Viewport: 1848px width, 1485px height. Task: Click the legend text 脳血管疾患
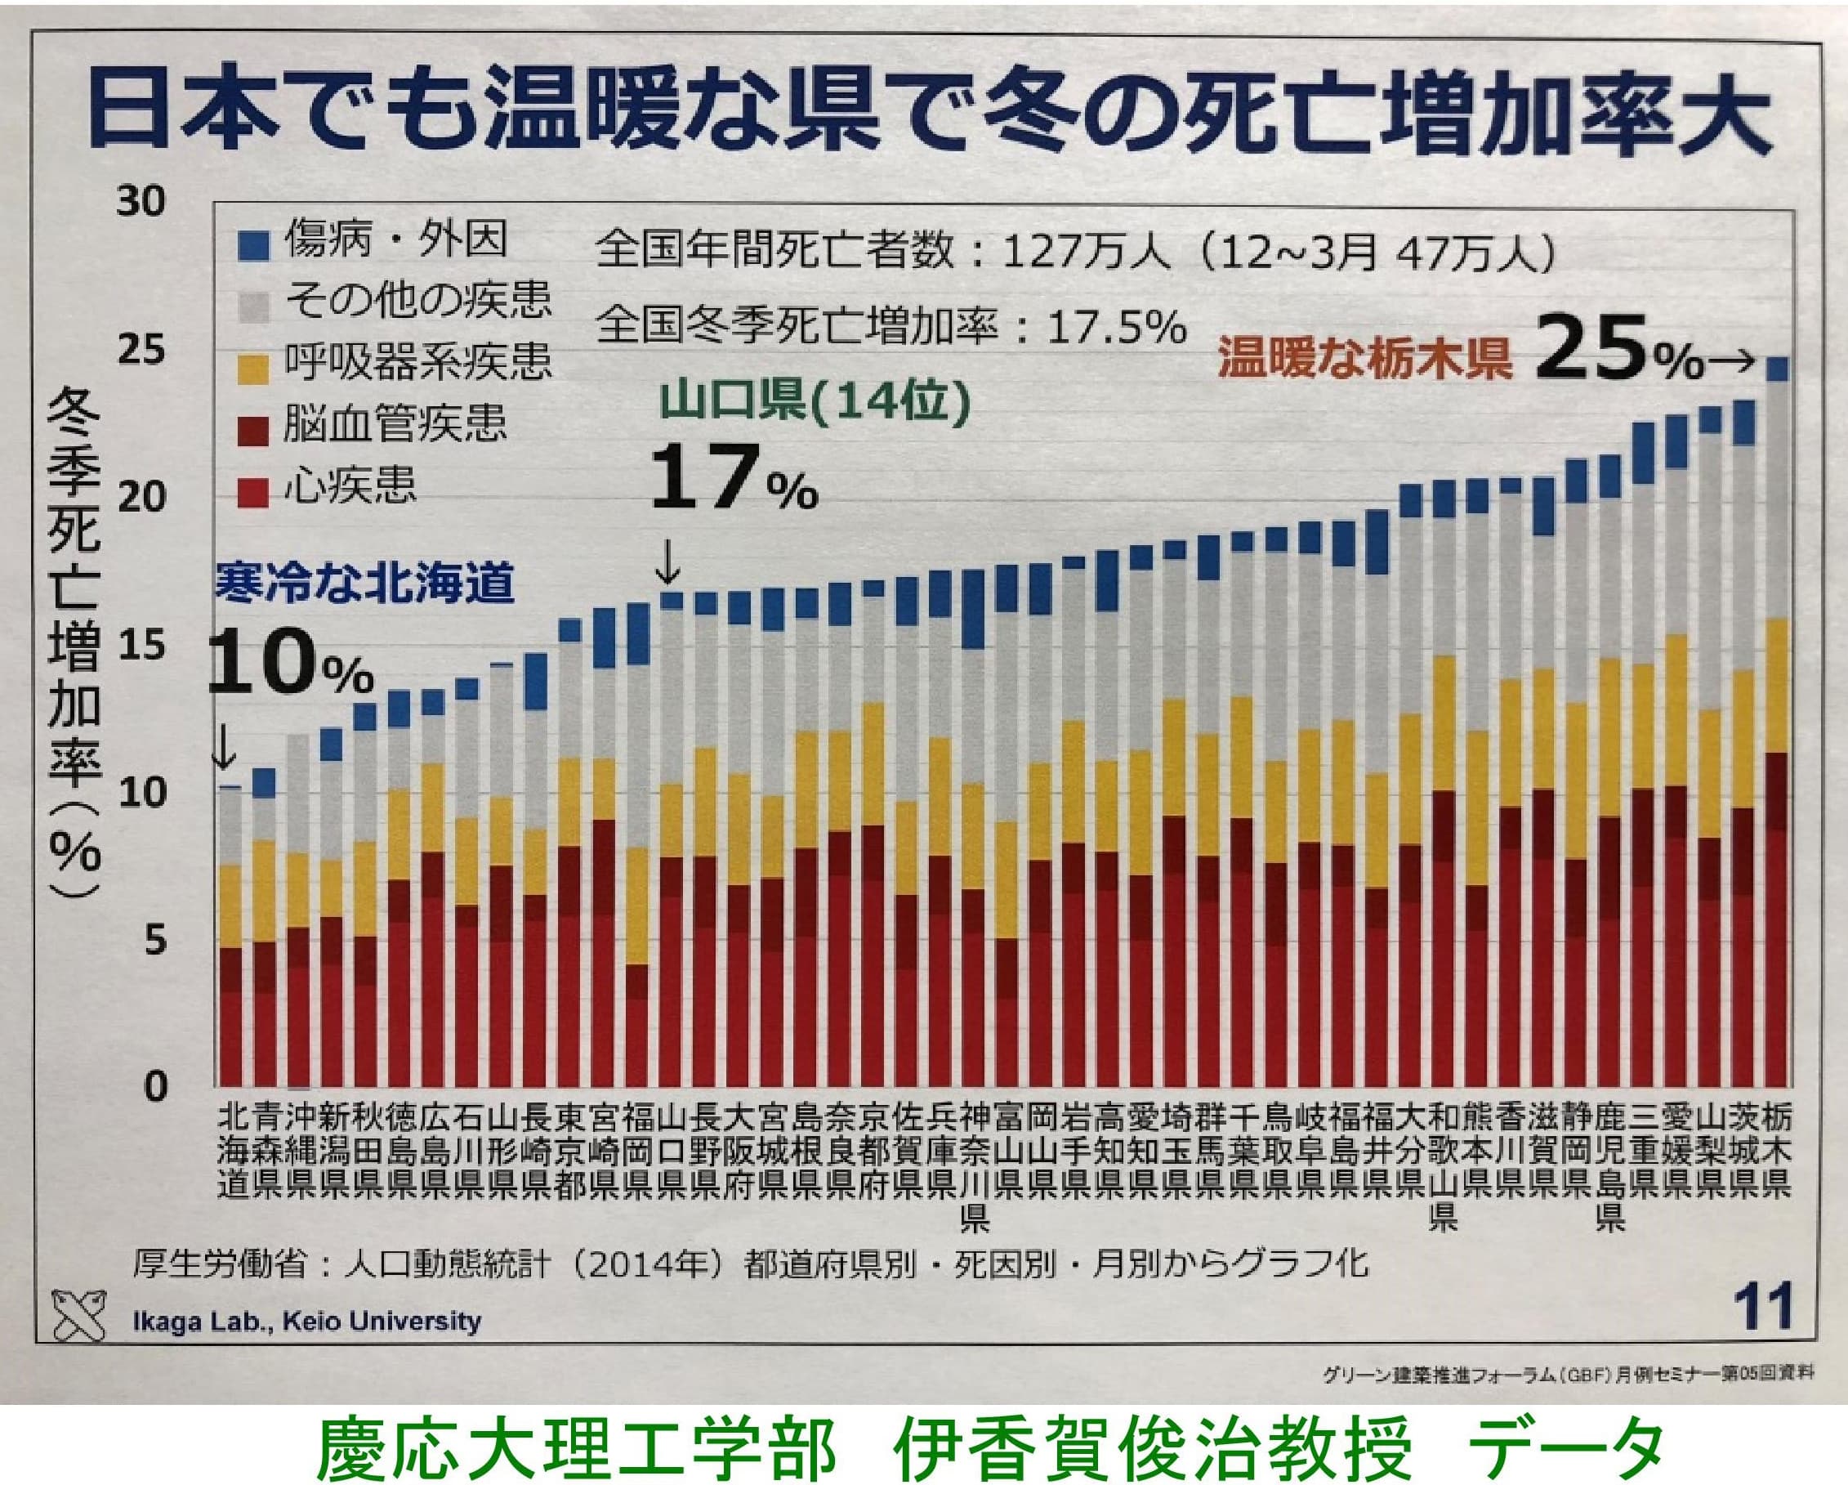(395, 426)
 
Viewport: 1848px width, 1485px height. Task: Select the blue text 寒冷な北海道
(364, 583)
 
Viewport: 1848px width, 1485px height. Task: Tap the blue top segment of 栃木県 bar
(1777, 369)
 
